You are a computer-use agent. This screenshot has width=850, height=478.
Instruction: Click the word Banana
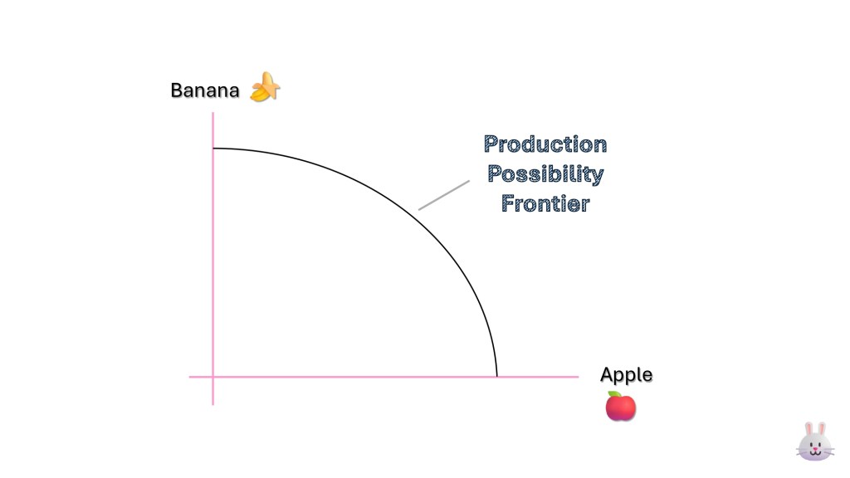coord(204,90)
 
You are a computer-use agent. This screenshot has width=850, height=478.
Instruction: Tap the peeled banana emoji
coord(265,88)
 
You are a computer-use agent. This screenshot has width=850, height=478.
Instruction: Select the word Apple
coord(626,375)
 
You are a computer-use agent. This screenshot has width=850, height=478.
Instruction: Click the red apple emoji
coord(620,407)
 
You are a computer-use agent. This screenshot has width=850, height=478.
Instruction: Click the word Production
coord(545,144)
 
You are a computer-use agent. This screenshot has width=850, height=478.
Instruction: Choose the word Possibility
coord(545,174)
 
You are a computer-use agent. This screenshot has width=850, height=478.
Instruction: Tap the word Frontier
coord(545,203)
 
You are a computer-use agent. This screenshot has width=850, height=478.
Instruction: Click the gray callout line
coord(444,195)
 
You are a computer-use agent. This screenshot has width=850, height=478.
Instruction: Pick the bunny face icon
coord(814,441)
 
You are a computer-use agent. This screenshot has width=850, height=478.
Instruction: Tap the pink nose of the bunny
coord(814,449)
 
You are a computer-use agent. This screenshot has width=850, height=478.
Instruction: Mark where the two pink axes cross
coord(213,377)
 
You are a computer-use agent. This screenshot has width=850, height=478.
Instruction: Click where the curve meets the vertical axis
coord(213,149)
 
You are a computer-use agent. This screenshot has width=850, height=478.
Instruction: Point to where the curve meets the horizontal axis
coord(496,377)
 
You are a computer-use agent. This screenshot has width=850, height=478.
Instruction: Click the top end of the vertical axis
coord(213,113)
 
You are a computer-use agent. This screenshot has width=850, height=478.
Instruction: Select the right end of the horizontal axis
coord(578,377)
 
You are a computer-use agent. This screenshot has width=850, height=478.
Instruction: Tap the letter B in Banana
coord(176,90)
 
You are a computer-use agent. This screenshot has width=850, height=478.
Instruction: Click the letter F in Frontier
coord(507,203)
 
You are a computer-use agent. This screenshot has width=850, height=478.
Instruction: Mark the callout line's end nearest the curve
coord(419,209)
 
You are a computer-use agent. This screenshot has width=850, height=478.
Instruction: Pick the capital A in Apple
coord(606,375)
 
